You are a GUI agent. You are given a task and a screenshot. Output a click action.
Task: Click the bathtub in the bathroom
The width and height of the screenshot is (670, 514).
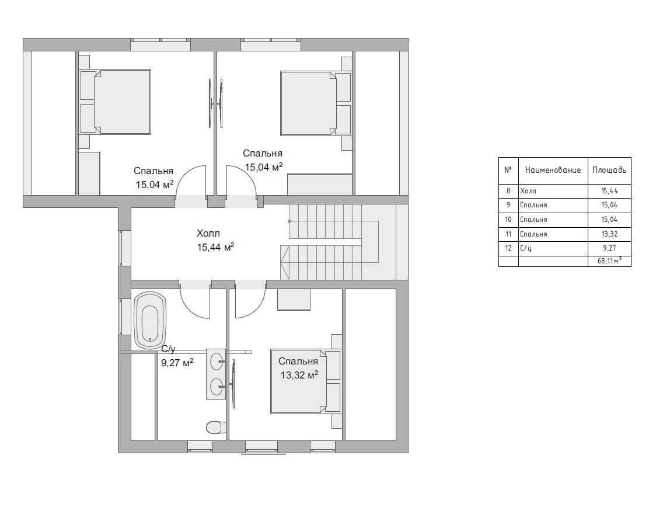(x=150, y=320)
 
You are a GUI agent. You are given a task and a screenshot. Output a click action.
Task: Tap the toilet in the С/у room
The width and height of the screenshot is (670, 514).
(x=216, y=427)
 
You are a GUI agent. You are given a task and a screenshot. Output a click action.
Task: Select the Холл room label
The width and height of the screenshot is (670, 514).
(x=208, y=233)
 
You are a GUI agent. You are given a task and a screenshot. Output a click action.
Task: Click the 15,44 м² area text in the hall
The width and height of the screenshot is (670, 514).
(x=215, y=247)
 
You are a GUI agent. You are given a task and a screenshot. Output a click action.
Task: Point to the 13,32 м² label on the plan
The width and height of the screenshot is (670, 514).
(x=299, y=375)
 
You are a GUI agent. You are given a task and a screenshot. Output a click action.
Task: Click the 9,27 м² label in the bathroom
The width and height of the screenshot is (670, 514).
(x=177, y=363)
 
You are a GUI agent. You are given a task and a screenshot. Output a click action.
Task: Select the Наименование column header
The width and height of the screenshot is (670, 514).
(x=553, y=170)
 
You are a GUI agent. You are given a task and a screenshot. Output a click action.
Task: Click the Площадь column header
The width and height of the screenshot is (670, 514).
(x=609, y=170)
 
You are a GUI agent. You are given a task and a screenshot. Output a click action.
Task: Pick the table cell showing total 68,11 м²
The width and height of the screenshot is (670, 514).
(x=609, y=261)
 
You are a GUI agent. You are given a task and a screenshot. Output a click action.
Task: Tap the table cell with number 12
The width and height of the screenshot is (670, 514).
(x=508, y=248)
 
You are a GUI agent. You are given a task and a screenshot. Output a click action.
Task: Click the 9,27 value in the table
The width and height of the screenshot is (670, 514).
(x=609, y=248)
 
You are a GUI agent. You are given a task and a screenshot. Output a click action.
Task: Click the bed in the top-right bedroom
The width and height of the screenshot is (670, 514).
(x=316, y=103)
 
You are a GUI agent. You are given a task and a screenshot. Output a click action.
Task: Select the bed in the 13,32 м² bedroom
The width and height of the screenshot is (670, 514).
(x=305, y=382)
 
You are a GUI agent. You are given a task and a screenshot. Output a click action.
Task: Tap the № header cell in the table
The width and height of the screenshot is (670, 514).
(x=508, y=170)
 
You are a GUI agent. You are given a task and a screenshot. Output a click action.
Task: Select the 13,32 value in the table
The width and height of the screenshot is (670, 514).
(x=609, y=234)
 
